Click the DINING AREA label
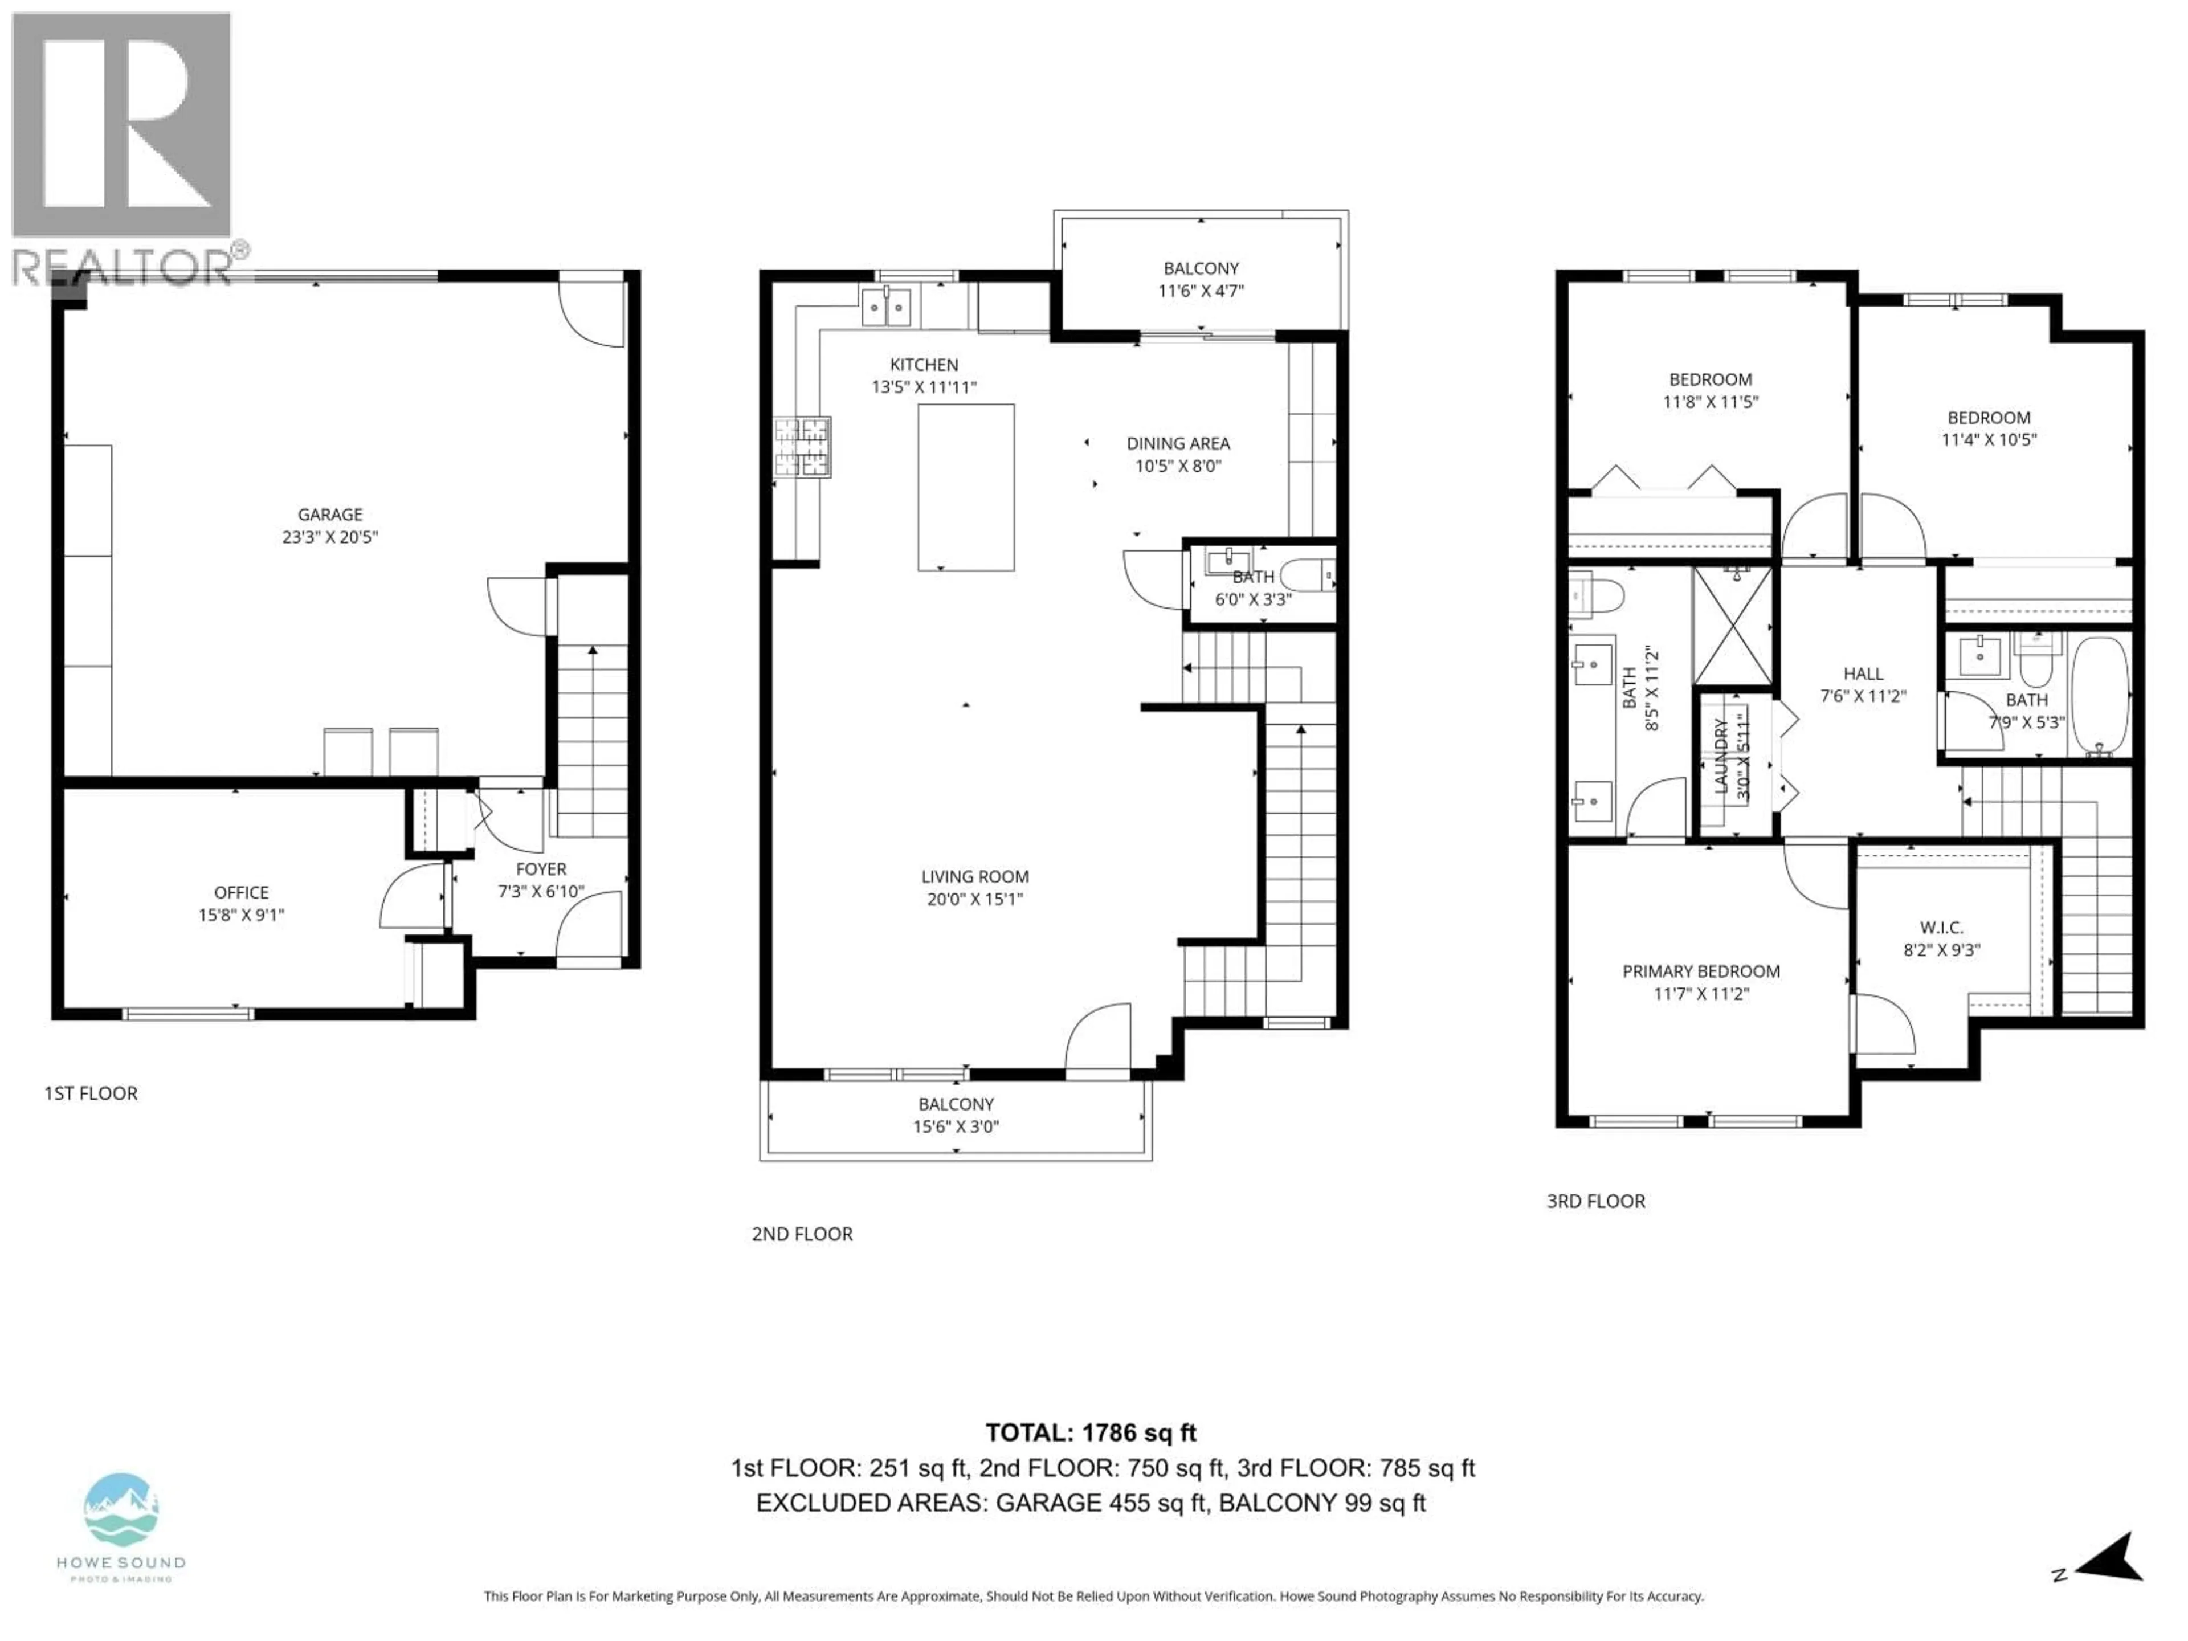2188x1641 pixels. pos(1178,444)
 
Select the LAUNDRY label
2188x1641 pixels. pos(1721,757)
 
